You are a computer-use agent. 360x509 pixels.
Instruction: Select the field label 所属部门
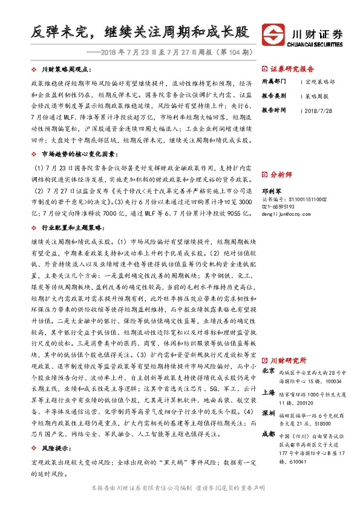(x=273, y=81)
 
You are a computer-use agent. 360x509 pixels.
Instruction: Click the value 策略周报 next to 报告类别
(x=316, y=96)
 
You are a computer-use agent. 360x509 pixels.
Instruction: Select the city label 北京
(x=269, y=371)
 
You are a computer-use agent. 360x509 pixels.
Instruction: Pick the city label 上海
(x=269, y=392)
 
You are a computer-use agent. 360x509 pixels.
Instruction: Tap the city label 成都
(x=269, y=434)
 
